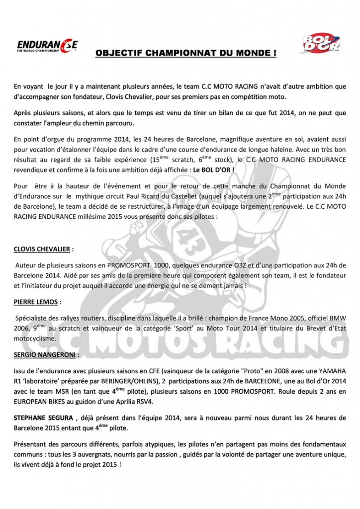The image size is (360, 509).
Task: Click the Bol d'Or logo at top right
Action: tap(322, 44)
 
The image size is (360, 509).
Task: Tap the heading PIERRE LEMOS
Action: tap(38, 301)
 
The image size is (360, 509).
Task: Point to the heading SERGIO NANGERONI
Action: tap(46, 355)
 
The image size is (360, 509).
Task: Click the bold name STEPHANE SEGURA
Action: tap(44, 418)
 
